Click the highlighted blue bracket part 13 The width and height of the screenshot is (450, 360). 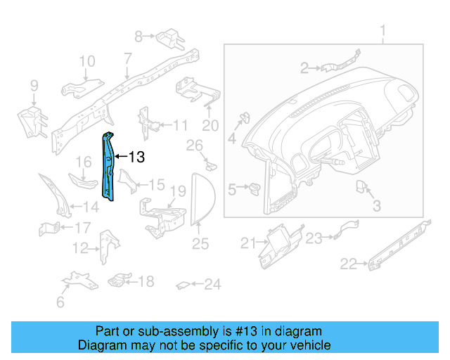coord(108,165)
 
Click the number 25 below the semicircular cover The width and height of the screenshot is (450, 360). coord(200,244)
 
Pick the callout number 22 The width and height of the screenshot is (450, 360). coord(349,264)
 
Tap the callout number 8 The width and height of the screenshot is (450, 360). coord(139,35)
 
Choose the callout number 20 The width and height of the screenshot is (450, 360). coord(210,126)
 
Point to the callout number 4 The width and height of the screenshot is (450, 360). coord(232,139)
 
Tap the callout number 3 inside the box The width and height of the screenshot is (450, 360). coord(376,206)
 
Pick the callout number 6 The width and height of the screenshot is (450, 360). coord(60,302)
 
